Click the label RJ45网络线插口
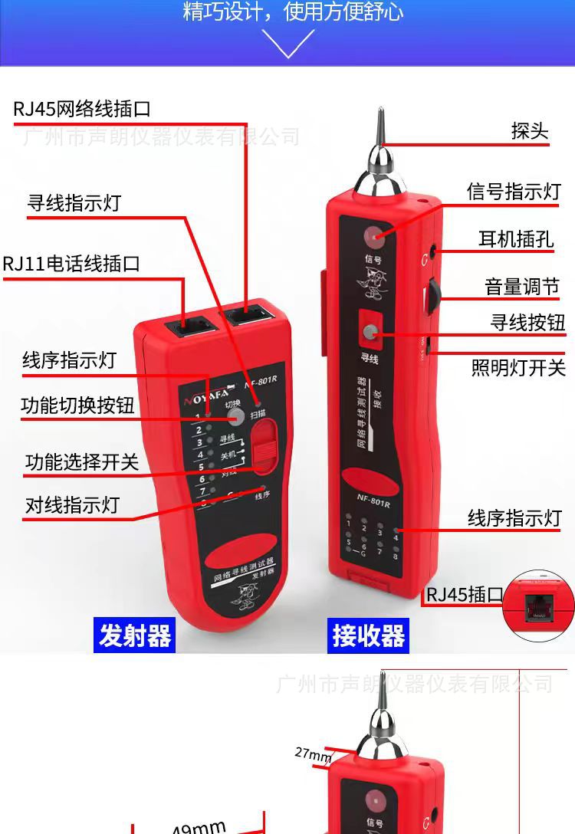(x=82, y=109)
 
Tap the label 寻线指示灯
(x=74, y=203)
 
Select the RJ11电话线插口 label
(x=71, y=264)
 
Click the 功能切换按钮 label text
(x=77, y=406)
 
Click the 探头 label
(x=531, y=131)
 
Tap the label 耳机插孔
(x=516, y=239)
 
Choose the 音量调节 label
(x=522, y=287)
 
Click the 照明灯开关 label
(x=518, y=367)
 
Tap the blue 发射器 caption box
(x=135, y=635)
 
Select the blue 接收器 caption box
(x=368, y=635)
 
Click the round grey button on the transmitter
(x=235, y=416)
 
